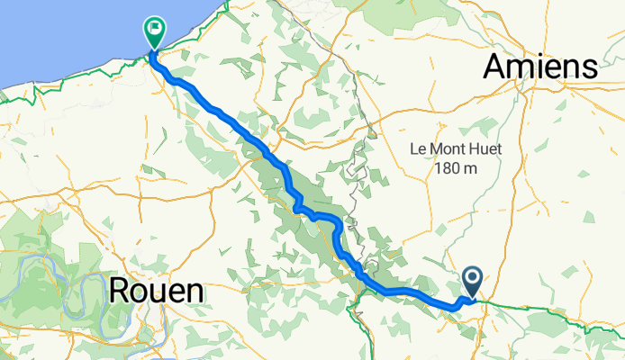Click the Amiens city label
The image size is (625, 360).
tap(541, 67)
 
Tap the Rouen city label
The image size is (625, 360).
tap(156, 291)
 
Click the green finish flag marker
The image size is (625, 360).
tap(155, 33)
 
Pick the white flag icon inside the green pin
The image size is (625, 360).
tap(155, 31)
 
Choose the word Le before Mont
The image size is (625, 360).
tap(418, 148)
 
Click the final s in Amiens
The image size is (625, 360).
tap(590, 67)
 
